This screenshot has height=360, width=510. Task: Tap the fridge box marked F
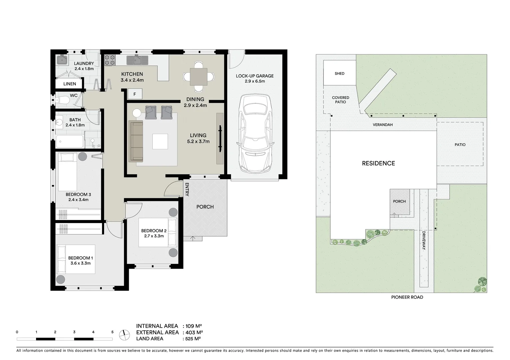[135, 94]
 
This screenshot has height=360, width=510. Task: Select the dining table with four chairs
[198, 77]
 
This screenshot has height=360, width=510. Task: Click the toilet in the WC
[62, 100]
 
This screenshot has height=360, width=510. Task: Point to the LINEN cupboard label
[70, 84]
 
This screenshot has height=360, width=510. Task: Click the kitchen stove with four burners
[110, 60]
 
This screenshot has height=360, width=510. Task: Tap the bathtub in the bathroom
[69, 142]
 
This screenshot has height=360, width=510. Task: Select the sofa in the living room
[136, 141]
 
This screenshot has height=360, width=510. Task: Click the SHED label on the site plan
[339, 74]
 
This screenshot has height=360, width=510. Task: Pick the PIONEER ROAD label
[407, 297]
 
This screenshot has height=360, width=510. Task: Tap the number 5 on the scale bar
[112, 332]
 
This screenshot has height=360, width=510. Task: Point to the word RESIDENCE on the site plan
[378, 163]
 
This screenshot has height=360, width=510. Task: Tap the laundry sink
[62, 60]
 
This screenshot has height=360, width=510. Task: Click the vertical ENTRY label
[187, 189]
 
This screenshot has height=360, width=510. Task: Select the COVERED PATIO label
[340, 100]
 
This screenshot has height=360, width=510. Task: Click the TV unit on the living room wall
[220, 138]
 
